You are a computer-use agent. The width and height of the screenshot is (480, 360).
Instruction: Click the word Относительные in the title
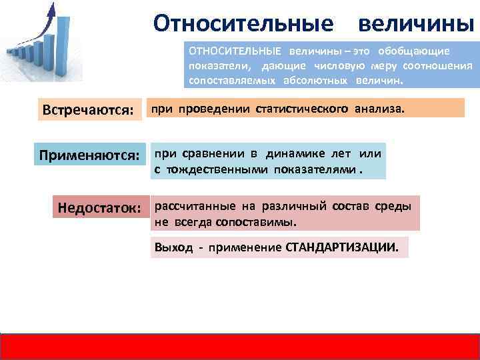tap(243, 24)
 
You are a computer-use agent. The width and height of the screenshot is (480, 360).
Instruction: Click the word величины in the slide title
tap(416, 24)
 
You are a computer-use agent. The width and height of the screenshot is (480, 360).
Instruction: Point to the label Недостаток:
tap(99, 208)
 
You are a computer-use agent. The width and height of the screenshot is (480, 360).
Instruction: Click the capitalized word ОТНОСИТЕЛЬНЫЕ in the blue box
tap(235, 51)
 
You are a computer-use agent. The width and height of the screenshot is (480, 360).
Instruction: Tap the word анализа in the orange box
tap(382, 107)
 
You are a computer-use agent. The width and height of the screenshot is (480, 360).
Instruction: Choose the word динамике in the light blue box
tap(292, 153)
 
